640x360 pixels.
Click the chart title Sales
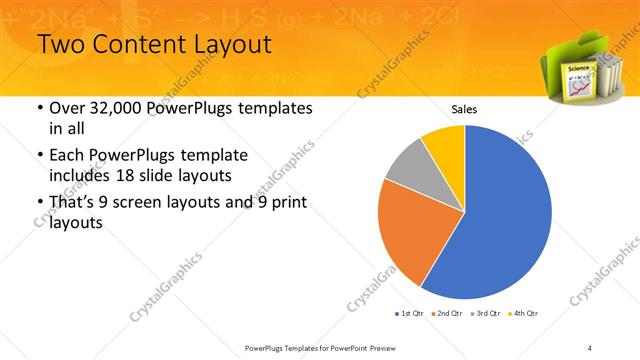464,108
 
